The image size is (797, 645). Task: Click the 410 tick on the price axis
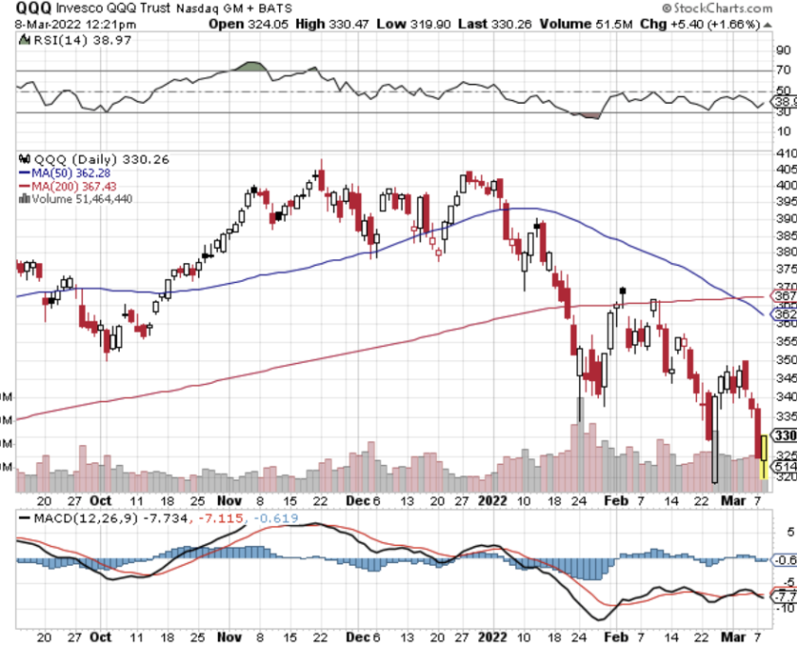[785, 152]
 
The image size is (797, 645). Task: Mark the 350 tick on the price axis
[785, 359]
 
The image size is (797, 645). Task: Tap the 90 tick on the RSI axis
[782, 50]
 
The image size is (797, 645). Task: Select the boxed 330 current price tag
[785, 436]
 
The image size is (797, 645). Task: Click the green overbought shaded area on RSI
[248, 67]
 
